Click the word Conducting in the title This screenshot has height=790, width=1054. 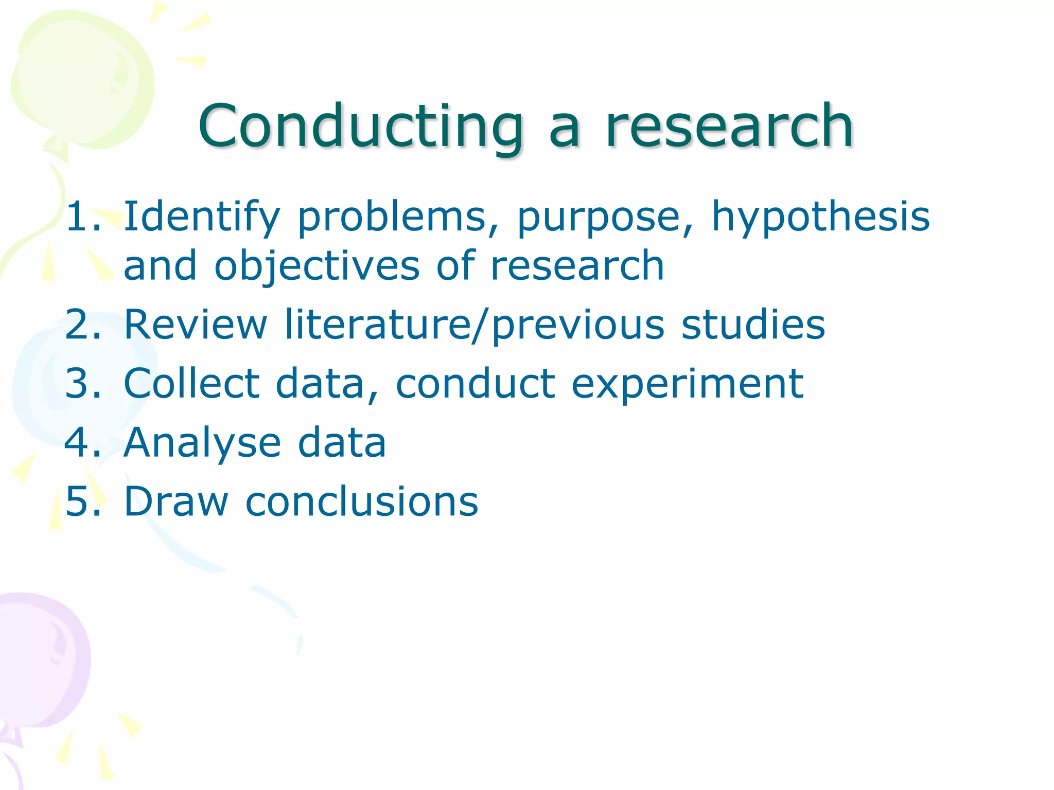click(x=360, y=126)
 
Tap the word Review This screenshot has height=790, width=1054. click(x=196, y=325)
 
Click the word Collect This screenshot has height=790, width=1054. click(x=192, y=384)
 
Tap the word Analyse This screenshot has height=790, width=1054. click(x=202, y=444)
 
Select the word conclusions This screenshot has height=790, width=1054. click(x=362, y=501)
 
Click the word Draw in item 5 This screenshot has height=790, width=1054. click(x=176, y=501)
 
